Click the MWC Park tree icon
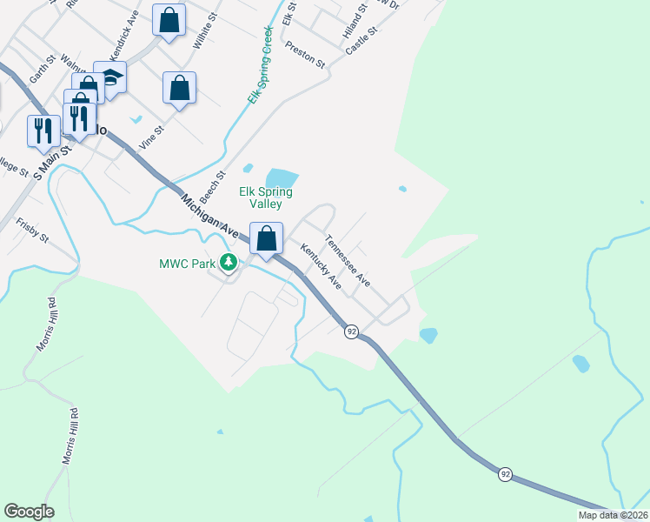pos(229,262)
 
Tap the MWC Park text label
pos(186,263)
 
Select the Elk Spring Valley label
pos(266,197)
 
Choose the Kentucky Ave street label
pos(322,266)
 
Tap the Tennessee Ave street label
pos(348,261)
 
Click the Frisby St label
pos(31,234)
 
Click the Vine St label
pos(152,137)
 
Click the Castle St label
pos(361,40)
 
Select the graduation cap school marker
pos(111,77)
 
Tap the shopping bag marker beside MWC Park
pos(267,237)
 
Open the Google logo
pos(29,512)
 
